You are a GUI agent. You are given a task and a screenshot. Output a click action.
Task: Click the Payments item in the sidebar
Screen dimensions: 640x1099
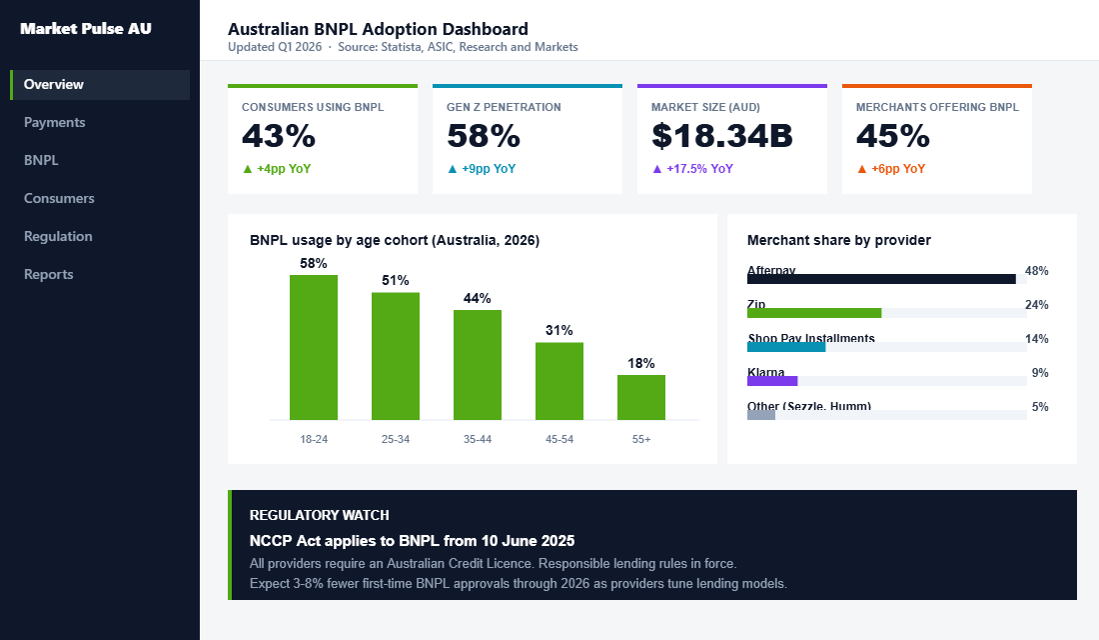coord(55,123)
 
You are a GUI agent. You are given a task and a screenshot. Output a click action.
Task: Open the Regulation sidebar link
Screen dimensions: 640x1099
coord(58,237)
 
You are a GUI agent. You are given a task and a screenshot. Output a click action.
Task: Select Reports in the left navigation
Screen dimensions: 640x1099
coord(49,275)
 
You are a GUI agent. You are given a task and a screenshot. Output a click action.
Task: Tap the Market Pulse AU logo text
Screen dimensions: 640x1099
coord(86,29)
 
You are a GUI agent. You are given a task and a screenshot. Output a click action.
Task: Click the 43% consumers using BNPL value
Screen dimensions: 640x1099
coord(279,136)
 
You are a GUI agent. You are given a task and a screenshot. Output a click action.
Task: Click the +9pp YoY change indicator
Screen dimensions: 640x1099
coord(482,169)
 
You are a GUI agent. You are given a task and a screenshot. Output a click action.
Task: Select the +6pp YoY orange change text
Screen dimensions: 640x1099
coord(891,169)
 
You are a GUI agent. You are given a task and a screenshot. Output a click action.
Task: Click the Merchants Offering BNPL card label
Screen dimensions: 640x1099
coord(937,107)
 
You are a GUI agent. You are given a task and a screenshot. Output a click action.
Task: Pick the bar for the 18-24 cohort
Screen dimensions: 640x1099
coord(314,347)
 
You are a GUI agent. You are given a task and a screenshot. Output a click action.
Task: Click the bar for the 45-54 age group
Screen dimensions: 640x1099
coord(559,381)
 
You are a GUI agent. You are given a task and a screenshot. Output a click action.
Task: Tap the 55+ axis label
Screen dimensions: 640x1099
coord(641,440)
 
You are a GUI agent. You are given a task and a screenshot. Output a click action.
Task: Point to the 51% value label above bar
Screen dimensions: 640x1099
coord(396,281)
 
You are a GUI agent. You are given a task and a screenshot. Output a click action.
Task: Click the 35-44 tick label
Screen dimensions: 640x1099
coord(478,440)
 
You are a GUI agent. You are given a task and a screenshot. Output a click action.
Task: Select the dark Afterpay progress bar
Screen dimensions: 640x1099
coord(881,279)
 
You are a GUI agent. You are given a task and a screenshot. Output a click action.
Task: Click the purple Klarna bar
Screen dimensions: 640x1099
coord(772,381)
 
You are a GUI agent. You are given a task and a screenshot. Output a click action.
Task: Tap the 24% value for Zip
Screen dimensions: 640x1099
coord(1036,305)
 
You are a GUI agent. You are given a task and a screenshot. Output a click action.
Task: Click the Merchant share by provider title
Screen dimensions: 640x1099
coord(839,240)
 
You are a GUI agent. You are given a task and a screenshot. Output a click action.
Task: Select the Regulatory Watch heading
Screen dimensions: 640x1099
coord(319,515)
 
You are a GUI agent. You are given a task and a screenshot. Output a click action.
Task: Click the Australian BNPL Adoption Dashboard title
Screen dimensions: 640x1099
coord(378,30)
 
